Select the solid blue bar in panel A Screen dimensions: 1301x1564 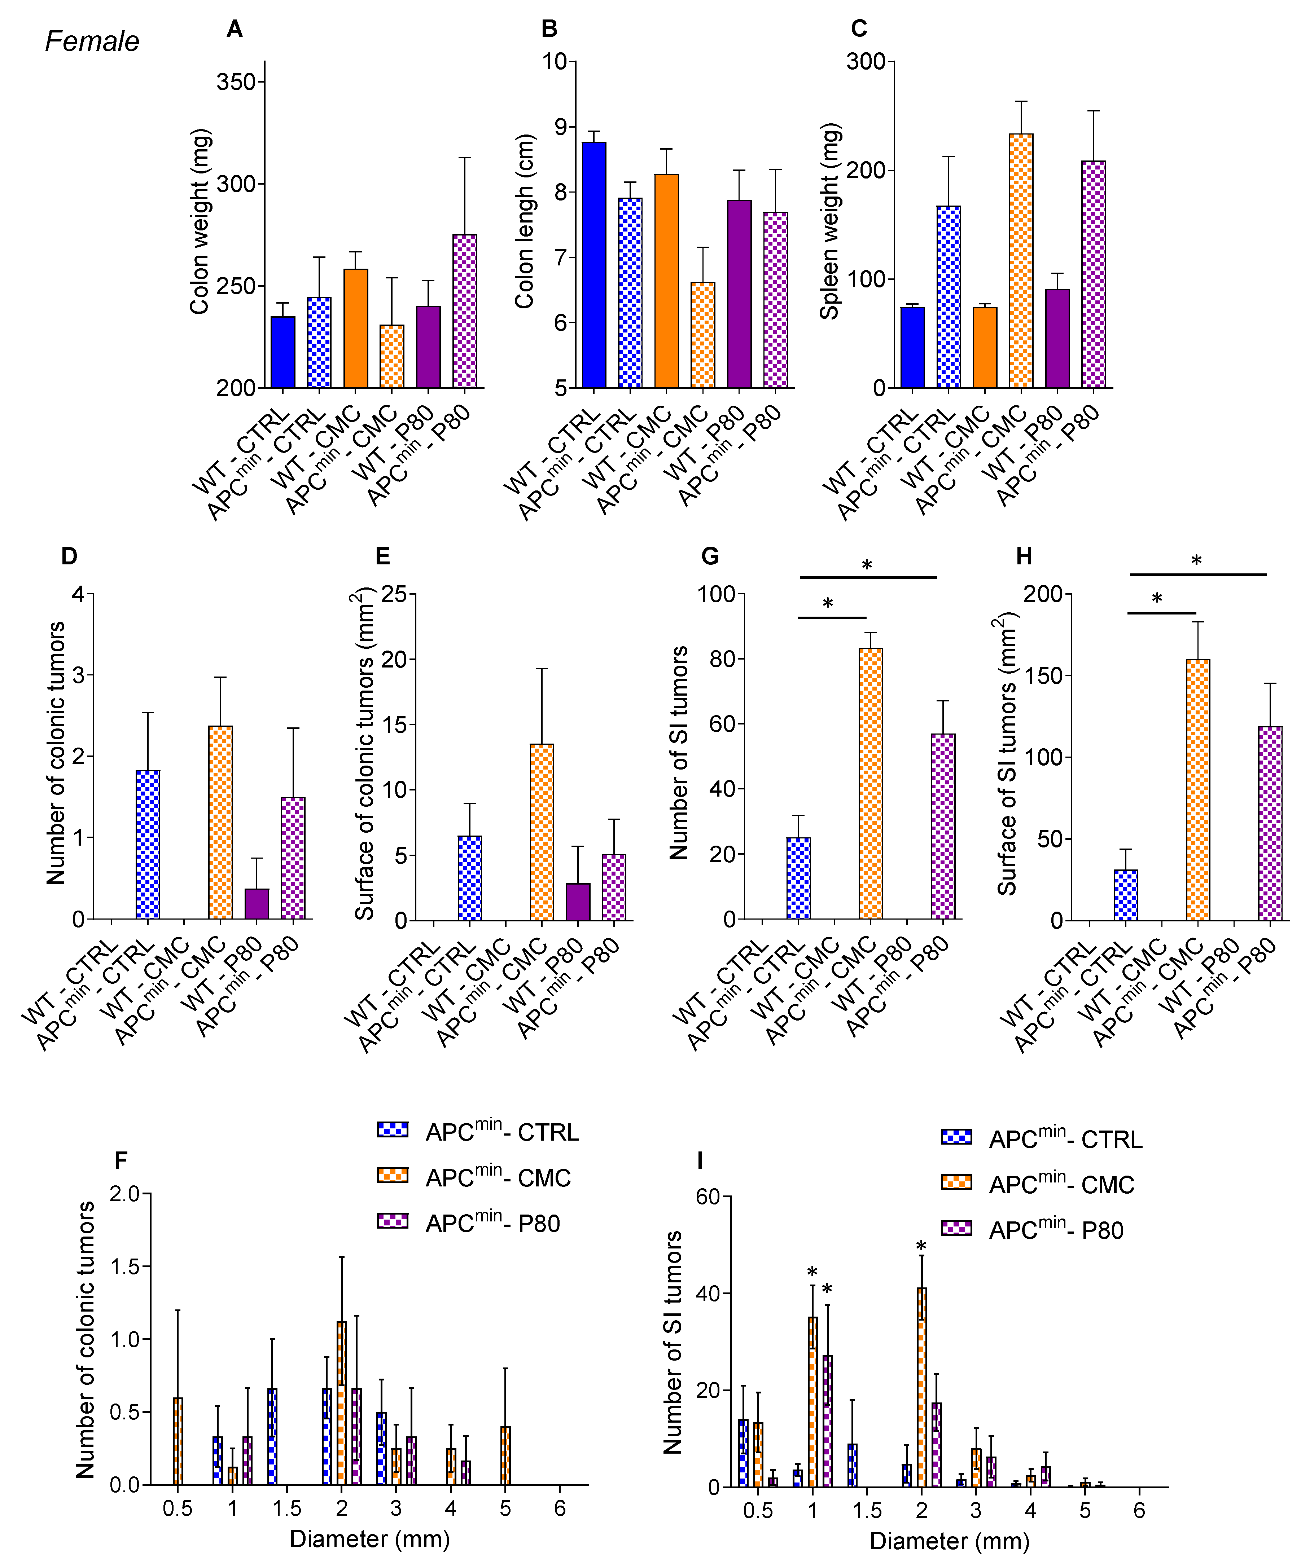(x=283, y=352)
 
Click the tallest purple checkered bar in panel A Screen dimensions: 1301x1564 (x=465, y=311)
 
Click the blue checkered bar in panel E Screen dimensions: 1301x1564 (x=469, y=878)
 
